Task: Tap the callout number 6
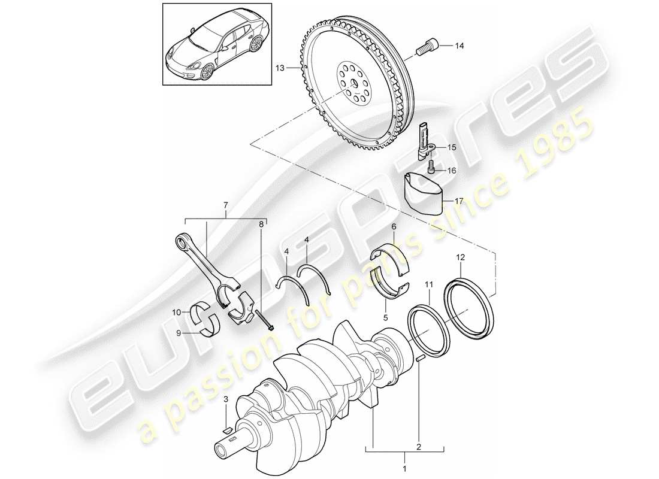pyautogui.click(x=393, y=227)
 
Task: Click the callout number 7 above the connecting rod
pyautogui.click(x=225, y=207)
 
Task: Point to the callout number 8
pyautogui.click(x=261, y=225)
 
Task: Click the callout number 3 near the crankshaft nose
pyautogui.click(x=225, y=399)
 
